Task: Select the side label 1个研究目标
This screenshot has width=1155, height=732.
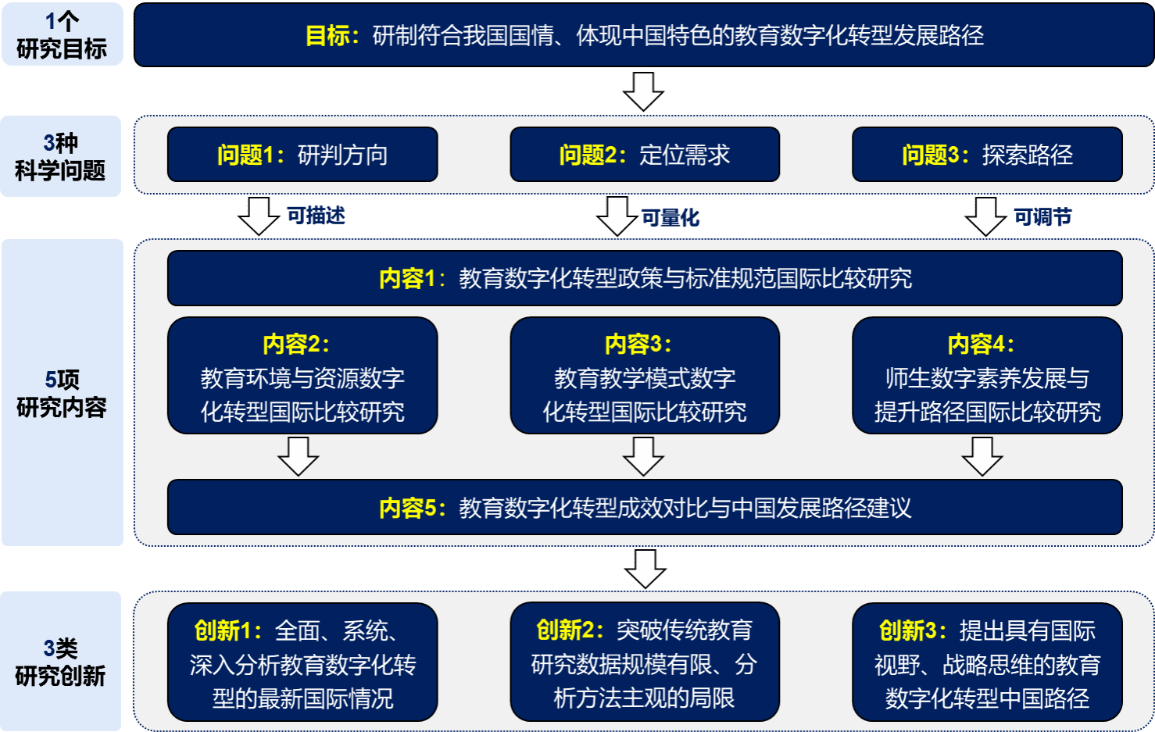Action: point(62,35)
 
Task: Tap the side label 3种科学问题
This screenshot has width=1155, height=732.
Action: point(60,156)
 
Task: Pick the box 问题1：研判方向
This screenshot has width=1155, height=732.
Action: point(302,155)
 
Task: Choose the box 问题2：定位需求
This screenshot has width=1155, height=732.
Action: point(645,155)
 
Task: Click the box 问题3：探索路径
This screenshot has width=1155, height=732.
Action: point(987,155)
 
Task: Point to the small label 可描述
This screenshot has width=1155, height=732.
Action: point(316,216)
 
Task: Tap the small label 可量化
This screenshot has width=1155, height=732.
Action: point(670,217)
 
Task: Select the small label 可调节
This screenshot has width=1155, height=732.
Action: point(1042,216)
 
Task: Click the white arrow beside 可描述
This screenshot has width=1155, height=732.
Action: point(259,216)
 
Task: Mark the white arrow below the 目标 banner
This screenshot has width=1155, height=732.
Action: point(644,91)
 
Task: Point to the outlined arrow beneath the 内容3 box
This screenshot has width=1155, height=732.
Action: point(644,456)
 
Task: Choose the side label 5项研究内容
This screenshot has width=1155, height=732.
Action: point(62,393)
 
